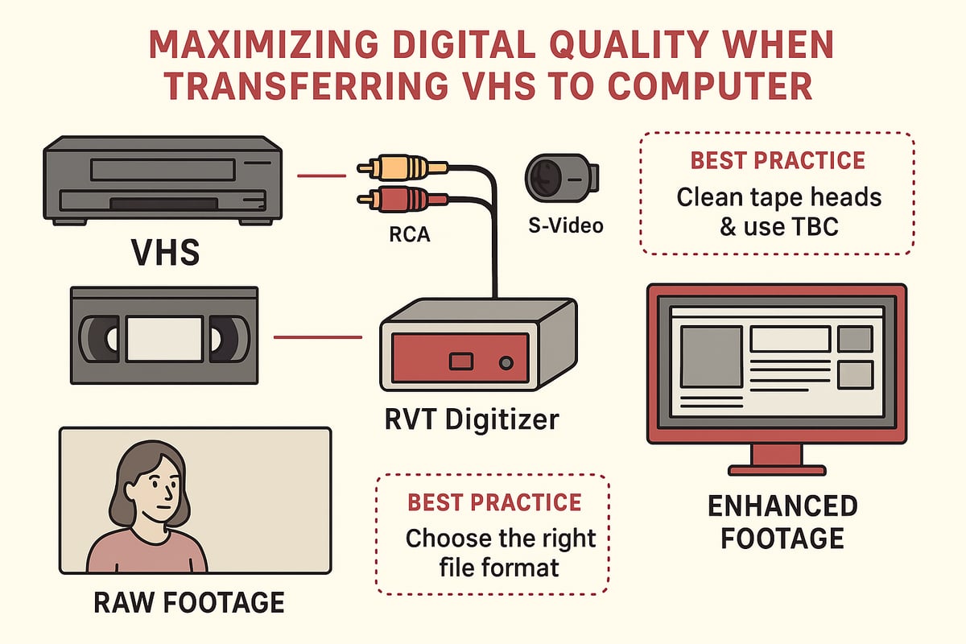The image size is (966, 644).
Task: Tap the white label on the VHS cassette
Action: (x=165, y=337)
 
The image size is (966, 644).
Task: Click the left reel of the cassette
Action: (x=103, y=337)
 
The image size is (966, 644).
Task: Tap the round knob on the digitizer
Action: (x=506, y=363)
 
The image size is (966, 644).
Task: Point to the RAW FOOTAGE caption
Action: (x=189, y=602)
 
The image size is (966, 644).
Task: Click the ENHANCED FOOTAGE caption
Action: (x=782, y=522)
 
